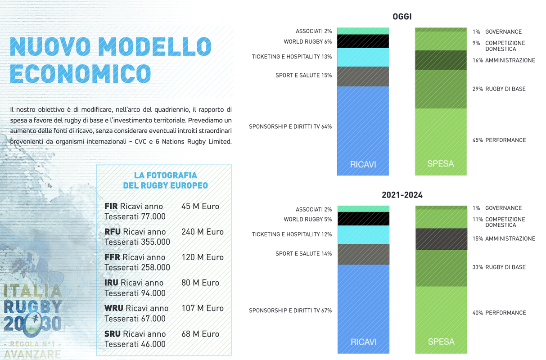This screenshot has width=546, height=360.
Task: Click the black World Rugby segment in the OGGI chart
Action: (x=363, y=41)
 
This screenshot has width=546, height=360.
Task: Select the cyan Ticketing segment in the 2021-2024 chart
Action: (x=363, y=234)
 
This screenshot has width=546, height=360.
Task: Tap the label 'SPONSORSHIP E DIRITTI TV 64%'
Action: (x=290, y=126)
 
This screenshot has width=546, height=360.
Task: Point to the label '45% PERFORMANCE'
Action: (x=499, y=140)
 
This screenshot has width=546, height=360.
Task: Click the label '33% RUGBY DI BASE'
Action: (x=499, y=267)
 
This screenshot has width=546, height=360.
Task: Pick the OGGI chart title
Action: (x=402, y=17)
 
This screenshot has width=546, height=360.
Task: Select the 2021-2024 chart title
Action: (x=402, y=195)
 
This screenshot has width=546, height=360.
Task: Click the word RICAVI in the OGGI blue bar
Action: (x=363, y=164)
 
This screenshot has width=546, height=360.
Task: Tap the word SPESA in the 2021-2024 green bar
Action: (x=441, y=342)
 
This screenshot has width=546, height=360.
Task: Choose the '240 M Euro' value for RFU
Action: (x=202, y=232)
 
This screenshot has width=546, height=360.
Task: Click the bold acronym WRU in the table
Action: (x=113, y=308)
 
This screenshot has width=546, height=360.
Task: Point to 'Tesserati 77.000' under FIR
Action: (x=135, y=216)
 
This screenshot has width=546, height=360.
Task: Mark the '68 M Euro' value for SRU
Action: (x=200, y=334)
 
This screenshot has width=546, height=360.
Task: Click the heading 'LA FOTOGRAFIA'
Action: (x=165, y=175)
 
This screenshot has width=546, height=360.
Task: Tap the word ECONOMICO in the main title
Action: (x=80, y=74)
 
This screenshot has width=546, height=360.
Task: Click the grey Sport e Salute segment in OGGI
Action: (x=363, y=76)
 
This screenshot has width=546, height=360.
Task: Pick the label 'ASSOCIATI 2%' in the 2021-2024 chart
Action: (x=313, y=209)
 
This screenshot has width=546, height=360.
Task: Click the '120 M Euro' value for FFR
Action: (x=202, y=257)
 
